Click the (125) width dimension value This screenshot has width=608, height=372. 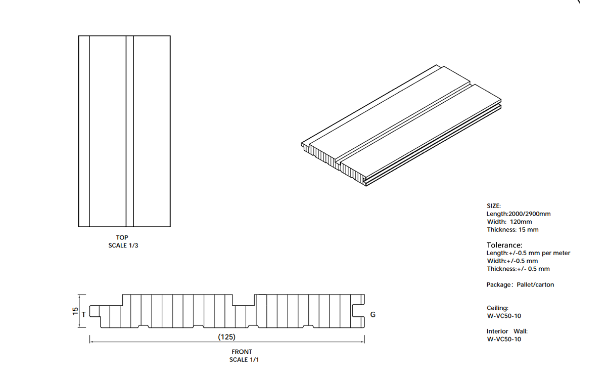(226, 337)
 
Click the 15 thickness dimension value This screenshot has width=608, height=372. (75, 311)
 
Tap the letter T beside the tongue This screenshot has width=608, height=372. (83, 314)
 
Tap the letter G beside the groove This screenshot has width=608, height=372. (372, 315)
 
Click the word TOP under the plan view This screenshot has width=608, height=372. (122, 237)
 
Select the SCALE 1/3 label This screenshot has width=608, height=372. (123, 245)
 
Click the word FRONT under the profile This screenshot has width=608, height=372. (242, 352)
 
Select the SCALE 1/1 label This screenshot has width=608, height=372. (244, 360)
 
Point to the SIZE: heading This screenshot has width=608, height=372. (494, 205)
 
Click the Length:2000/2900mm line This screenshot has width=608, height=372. (519, 214)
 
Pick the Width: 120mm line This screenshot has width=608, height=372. (509, 222)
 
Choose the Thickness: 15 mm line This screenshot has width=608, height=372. (512, 230)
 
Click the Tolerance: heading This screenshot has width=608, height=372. (504, 245)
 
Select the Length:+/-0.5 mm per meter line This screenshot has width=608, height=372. (529, 253)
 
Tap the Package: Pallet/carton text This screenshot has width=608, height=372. (521, 284)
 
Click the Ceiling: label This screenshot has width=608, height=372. (497, 308)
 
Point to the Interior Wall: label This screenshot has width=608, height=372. (507, 331)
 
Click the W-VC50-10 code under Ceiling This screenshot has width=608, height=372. (504, 316)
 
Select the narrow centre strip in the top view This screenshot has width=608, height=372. (130, 131)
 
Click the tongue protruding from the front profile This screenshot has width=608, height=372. (95, 311)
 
